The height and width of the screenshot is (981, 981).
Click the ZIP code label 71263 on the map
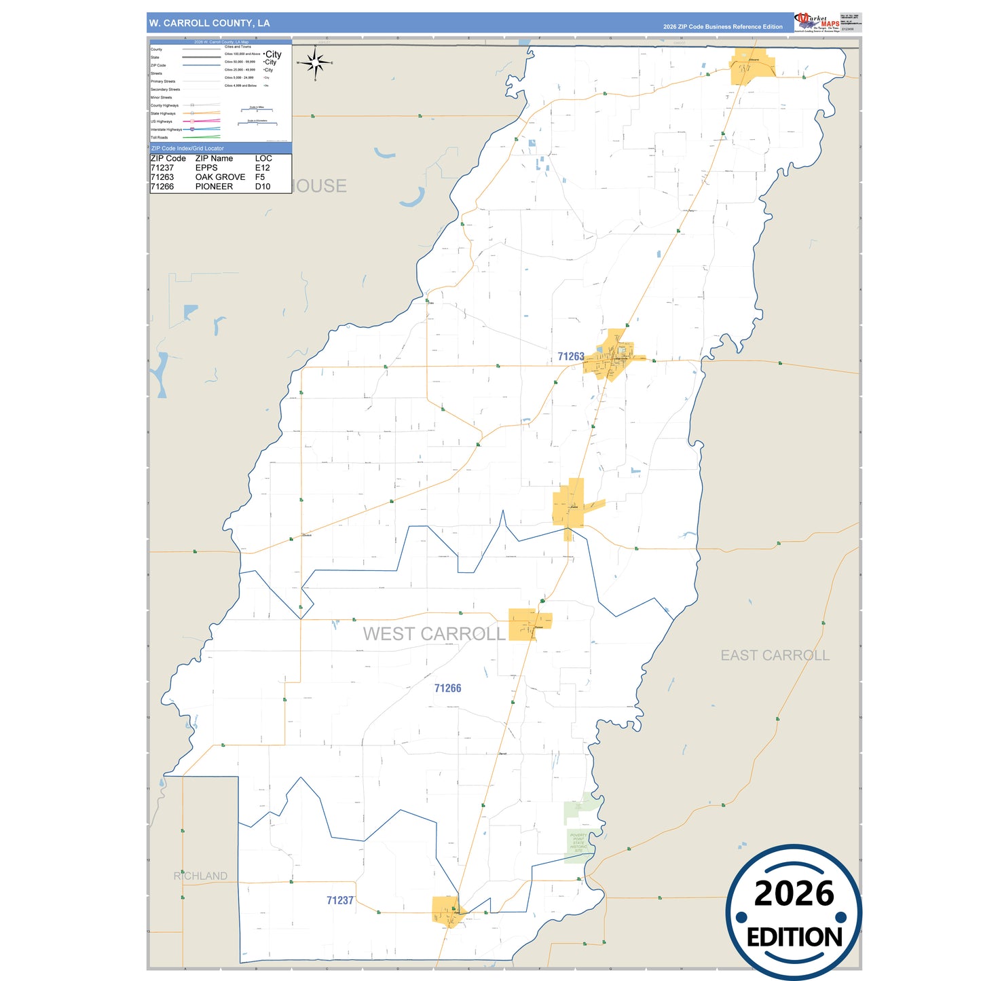pos(570,356)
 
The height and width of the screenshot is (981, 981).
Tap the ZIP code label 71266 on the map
pos(447,688)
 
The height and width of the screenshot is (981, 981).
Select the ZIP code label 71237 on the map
pos(339,900)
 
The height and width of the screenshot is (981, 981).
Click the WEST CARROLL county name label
pos(434,634)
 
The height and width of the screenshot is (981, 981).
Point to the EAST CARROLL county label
pos(775,655)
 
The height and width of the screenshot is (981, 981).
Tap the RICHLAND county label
pos(200,876)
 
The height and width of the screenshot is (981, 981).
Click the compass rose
pos(315,63)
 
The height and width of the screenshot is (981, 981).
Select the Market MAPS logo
pos(817,22)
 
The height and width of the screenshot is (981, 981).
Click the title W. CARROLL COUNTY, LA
pos(209,23)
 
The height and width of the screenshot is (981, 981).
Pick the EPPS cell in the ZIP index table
pos(206,168)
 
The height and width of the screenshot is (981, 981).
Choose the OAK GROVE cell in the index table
pos(220,177)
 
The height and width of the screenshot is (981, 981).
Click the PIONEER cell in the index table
pos(214,187)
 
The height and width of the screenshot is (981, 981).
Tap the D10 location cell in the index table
pos(263,187)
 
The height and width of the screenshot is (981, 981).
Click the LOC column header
pos(263,158)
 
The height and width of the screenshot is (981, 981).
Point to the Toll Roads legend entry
pos(160,137)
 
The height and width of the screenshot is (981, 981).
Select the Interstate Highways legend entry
pos(166,129)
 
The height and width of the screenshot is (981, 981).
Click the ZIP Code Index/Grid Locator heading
pos(187,148)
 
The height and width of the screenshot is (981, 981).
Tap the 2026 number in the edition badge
pos(794,893)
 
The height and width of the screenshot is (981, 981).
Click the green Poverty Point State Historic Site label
pos(578,843)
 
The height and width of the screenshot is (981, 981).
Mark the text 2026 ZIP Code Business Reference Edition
pos(722,26)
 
